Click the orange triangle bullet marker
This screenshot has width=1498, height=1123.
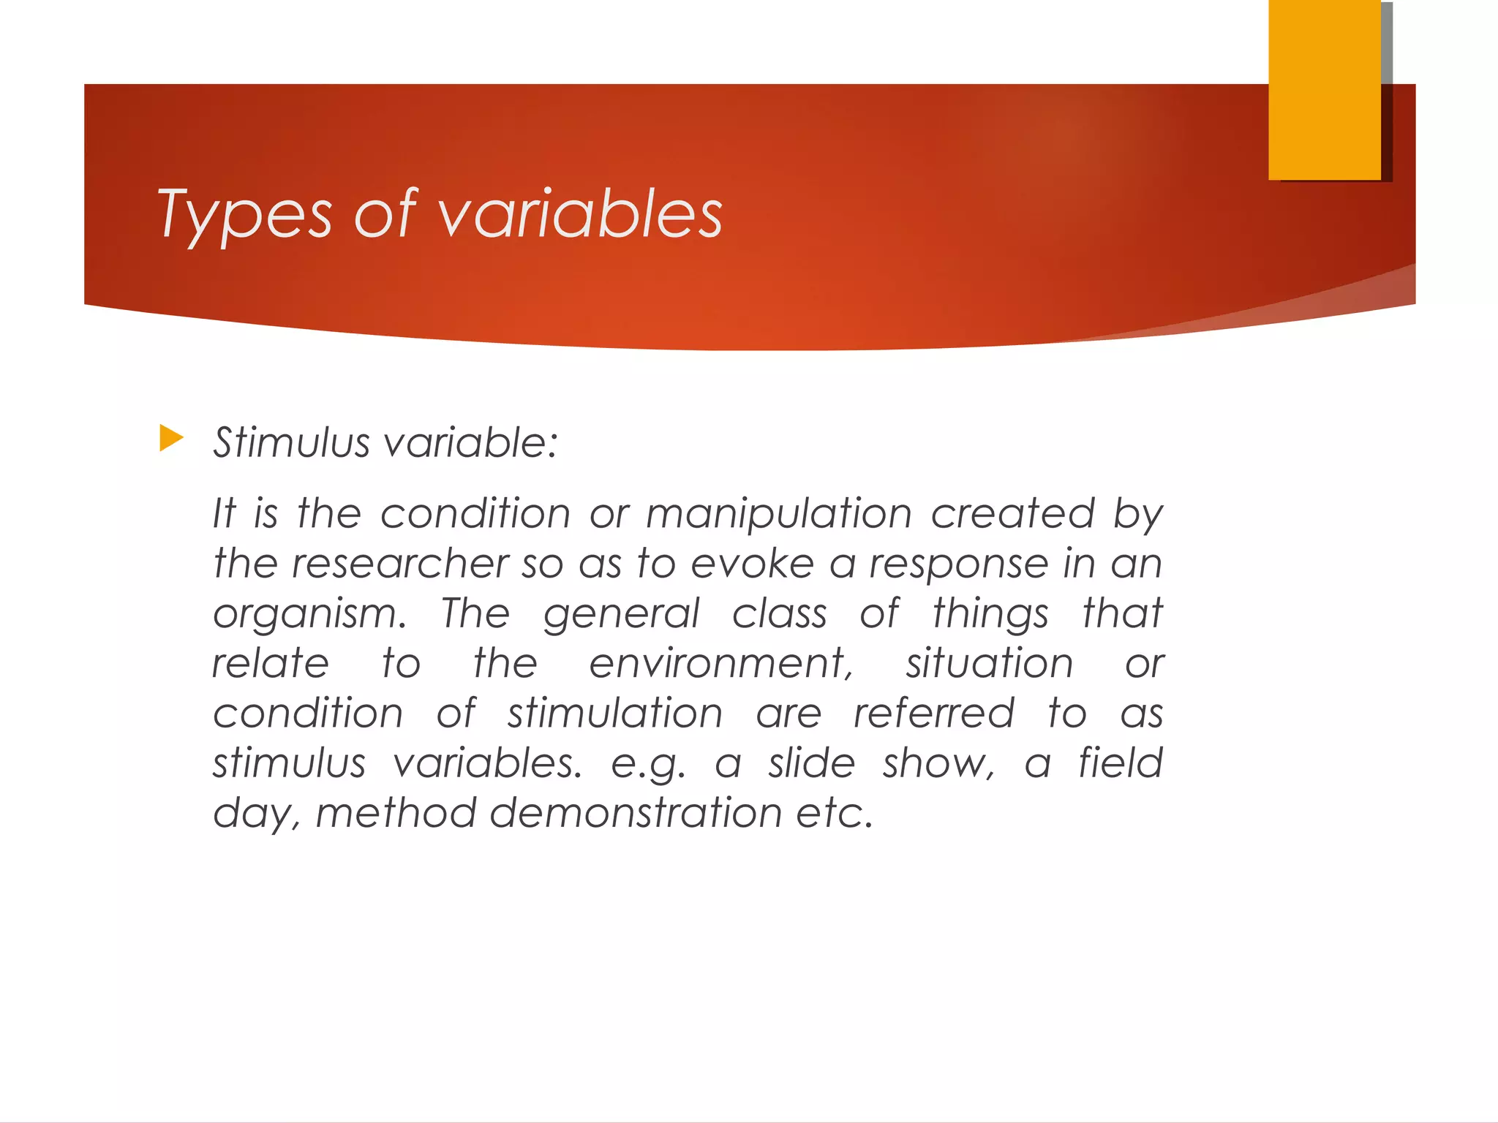coord(171,439)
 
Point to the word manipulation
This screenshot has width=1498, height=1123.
coord(779,513)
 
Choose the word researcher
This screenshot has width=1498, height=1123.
coord(400,563)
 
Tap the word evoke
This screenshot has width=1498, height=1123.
coord(753,564)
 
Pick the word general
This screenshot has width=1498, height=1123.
coord(621,615)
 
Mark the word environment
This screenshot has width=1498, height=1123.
coord(721,663)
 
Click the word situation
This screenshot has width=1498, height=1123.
coord(990,663)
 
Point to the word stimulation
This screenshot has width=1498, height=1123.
coord(615,713)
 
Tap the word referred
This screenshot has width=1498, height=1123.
coord(934,713)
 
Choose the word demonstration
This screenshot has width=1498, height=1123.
coord(636,813)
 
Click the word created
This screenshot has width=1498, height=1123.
coord(1012,513)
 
